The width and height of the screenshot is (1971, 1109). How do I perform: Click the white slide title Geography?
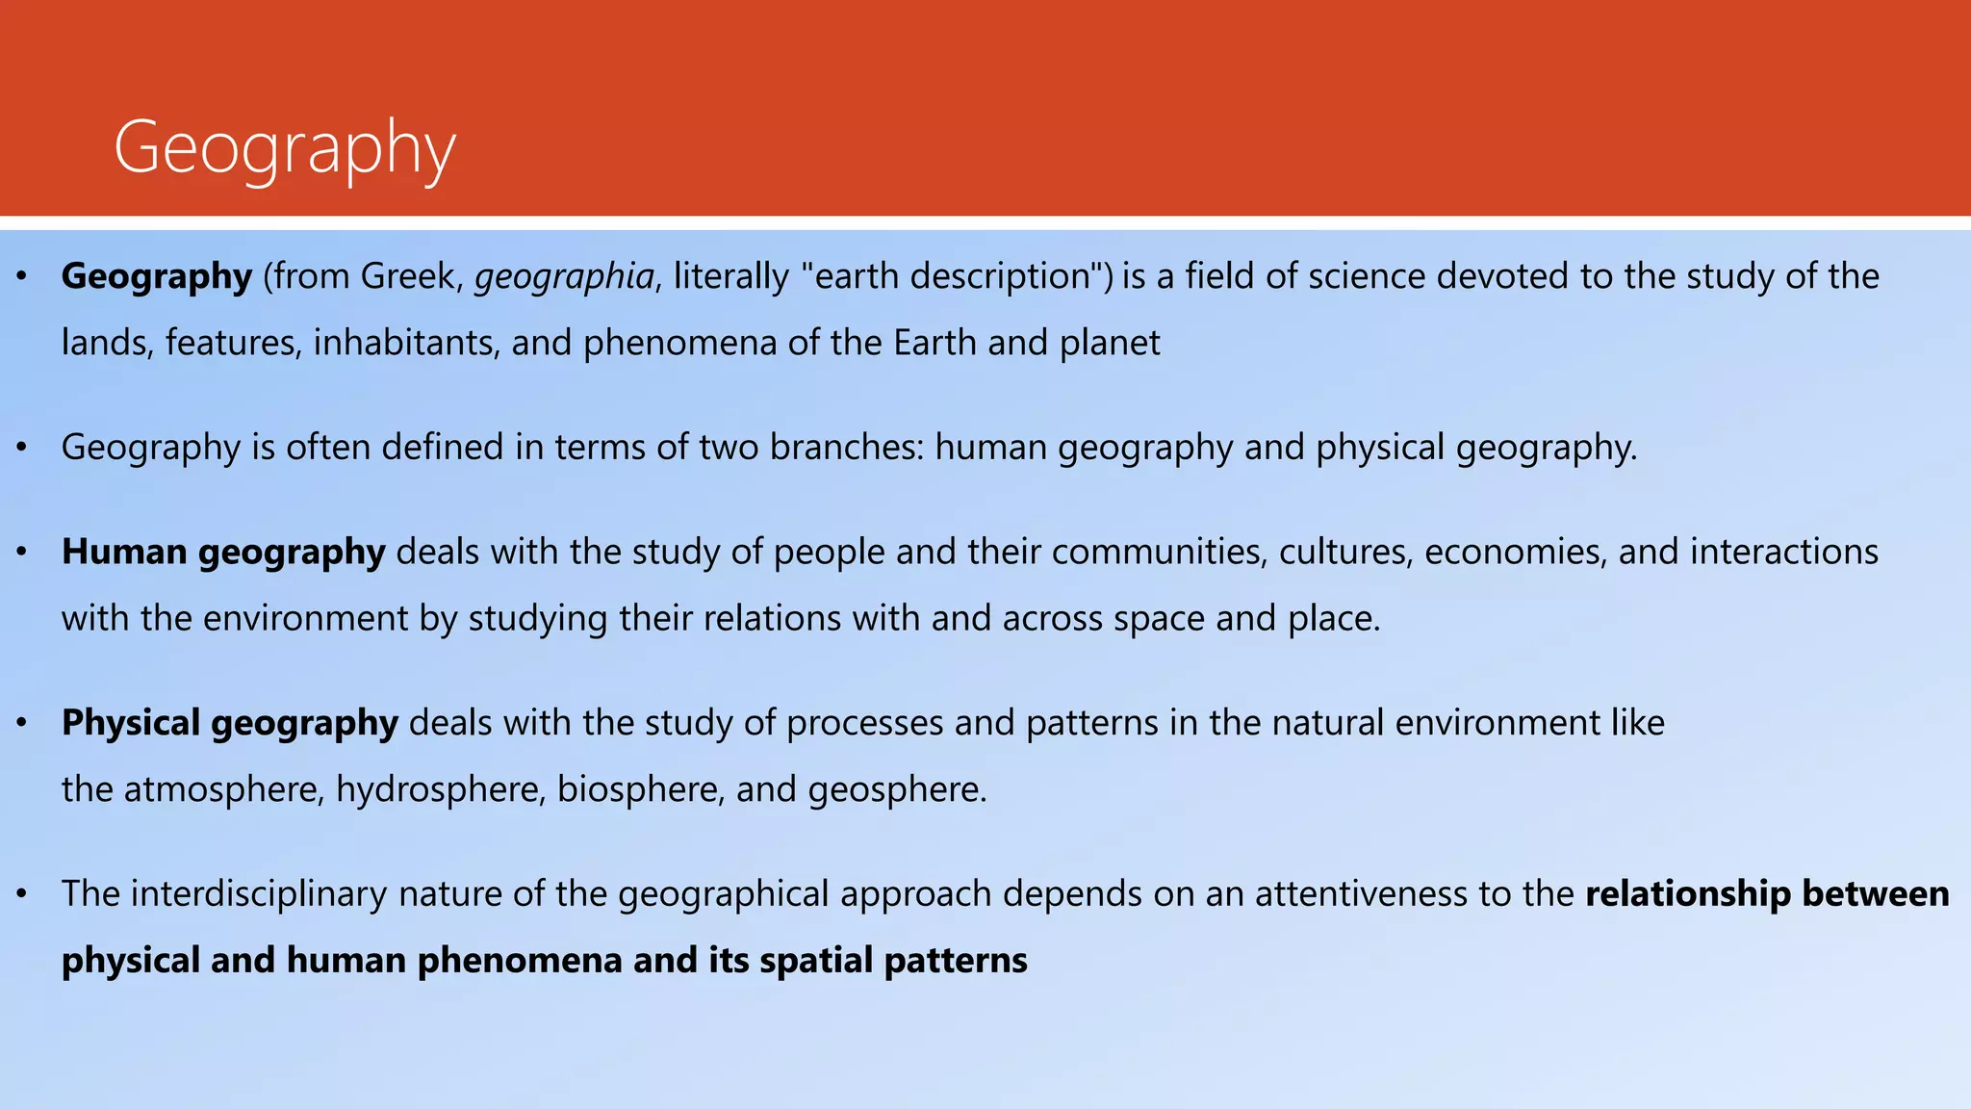[x=284, y=148]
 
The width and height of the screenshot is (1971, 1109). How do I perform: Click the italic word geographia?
[x=564, y=277]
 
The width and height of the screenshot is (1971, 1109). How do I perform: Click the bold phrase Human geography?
[x=223, y=553]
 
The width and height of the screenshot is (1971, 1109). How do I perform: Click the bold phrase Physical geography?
[x=229, y=724]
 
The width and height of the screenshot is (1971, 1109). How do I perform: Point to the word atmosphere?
[x=223, y=790]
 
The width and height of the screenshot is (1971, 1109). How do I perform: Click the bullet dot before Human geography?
[x=22, y=553]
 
